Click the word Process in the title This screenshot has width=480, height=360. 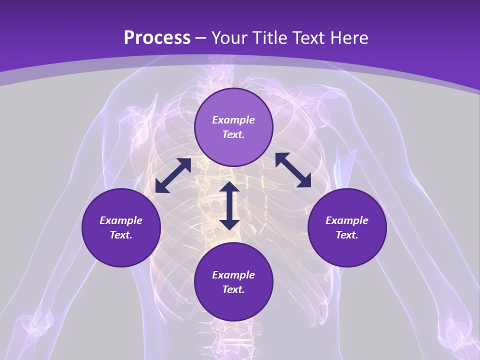(157, 38)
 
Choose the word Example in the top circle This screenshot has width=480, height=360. (233, 120)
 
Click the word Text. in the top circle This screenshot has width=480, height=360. (233, 134)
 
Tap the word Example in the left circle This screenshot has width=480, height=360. (121, 220)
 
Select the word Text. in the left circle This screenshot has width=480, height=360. (121, 235)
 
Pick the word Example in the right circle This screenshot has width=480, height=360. (347, 220)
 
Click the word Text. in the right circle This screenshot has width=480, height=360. (347, 235)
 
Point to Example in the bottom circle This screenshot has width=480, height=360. (233, 275)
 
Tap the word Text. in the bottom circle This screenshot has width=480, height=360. (233, 289)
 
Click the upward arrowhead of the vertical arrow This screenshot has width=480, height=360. (229, 187)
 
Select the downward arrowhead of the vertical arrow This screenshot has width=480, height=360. (229, 223)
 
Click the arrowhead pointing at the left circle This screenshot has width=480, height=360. (161, 186)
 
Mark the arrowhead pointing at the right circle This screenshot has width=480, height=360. (304, 181)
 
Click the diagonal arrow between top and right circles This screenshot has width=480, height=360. (293, 170)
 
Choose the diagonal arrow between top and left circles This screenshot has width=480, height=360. (173, 175)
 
